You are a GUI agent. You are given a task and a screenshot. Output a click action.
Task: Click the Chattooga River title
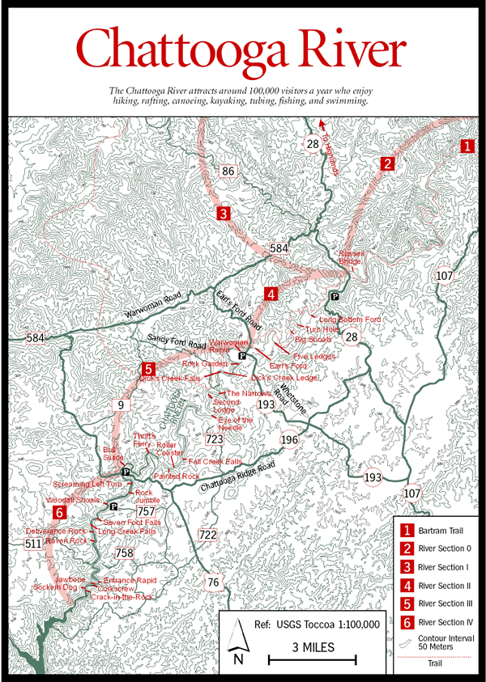[x=242, y=50]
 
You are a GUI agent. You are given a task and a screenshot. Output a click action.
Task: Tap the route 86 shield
[x=228, y=171]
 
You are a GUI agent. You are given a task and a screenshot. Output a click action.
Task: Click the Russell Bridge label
[x=352, y=257]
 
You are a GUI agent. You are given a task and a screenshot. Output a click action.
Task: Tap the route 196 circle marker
[x=289, y=439]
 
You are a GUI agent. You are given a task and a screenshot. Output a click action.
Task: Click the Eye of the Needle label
[x=235, y=424]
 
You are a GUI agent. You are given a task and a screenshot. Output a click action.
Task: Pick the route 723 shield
[x=215, y=439]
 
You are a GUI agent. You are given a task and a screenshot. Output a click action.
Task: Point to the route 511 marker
[x=32, y=544]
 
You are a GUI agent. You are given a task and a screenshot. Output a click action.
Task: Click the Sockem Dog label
[x=54, y=588]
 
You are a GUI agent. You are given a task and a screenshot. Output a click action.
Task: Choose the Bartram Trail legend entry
[x=437, y=531]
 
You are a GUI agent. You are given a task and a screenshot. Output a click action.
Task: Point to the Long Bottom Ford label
[x=350, y=320]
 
